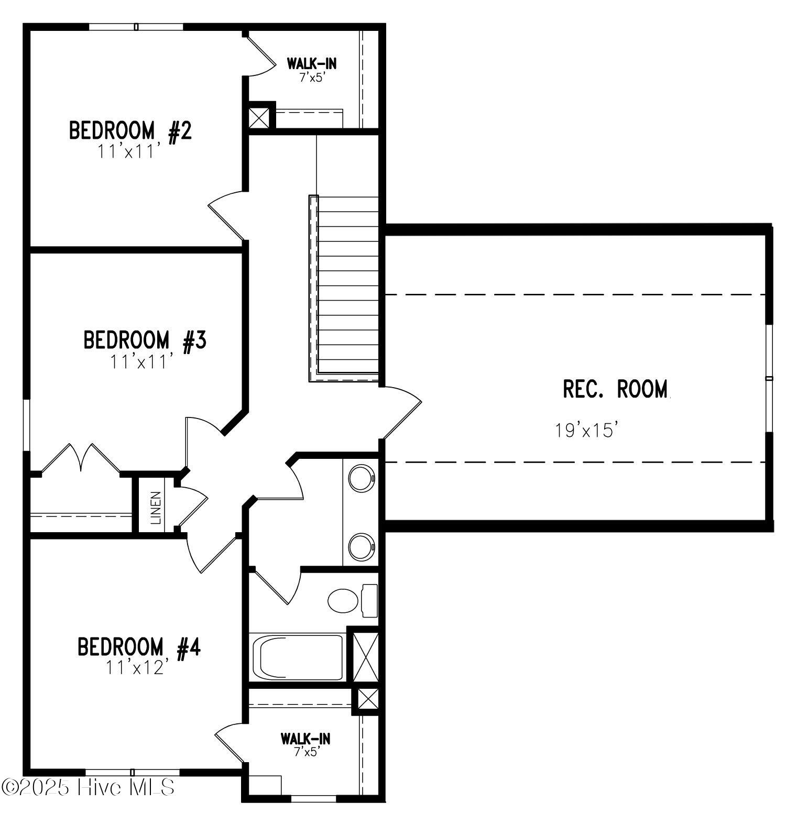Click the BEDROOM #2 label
[x=130, y=130]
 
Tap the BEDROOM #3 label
[x=145, y=340]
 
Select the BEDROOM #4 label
[x=139, y=647]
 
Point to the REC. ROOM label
[x=616, y=389]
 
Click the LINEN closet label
[x=156, y=508]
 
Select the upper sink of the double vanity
[x=362, y=478]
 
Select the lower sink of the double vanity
[x=362, y=546]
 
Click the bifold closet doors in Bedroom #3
[x=81, y=458]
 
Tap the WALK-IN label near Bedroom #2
[x=311, y=64]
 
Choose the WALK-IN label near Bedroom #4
[x=305, y=739]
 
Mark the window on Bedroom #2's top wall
[x=136, y=27]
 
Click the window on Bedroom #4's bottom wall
[x=133, y=772]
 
